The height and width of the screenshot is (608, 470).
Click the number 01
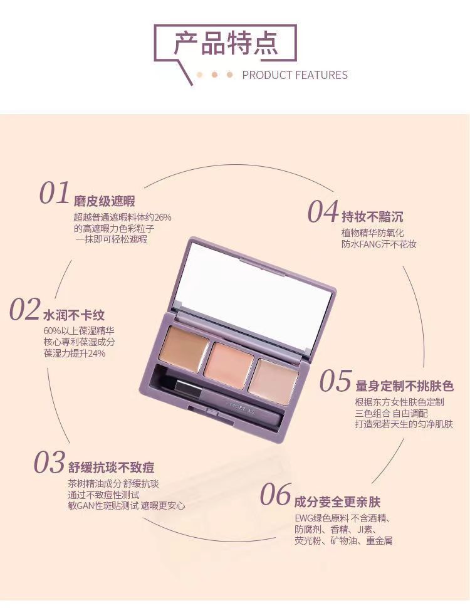click(55, 193)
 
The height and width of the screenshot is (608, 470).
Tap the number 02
click(25, 309)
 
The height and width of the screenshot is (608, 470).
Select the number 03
click(50, 462)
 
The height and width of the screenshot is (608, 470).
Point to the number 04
click(323, 212)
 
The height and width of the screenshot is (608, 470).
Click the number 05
click(336, 380)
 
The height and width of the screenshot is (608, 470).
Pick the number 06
click(275, 495)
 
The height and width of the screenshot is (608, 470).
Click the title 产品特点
click(226, 43)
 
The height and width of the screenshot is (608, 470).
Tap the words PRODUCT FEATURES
click(295, 75)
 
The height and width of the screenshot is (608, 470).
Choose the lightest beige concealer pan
click(273, 382)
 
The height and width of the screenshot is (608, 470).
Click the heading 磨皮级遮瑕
click(104, 201)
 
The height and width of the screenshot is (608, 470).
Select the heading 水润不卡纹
click(74, 315)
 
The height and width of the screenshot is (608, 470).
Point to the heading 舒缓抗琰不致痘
click(112, 468)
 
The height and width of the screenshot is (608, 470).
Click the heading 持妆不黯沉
click(372, 217)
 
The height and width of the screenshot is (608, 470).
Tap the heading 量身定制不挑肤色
click(404, 386)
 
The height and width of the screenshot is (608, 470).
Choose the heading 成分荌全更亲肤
click(337, 501)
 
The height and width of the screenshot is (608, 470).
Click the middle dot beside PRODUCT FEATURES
click(214, 75)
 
